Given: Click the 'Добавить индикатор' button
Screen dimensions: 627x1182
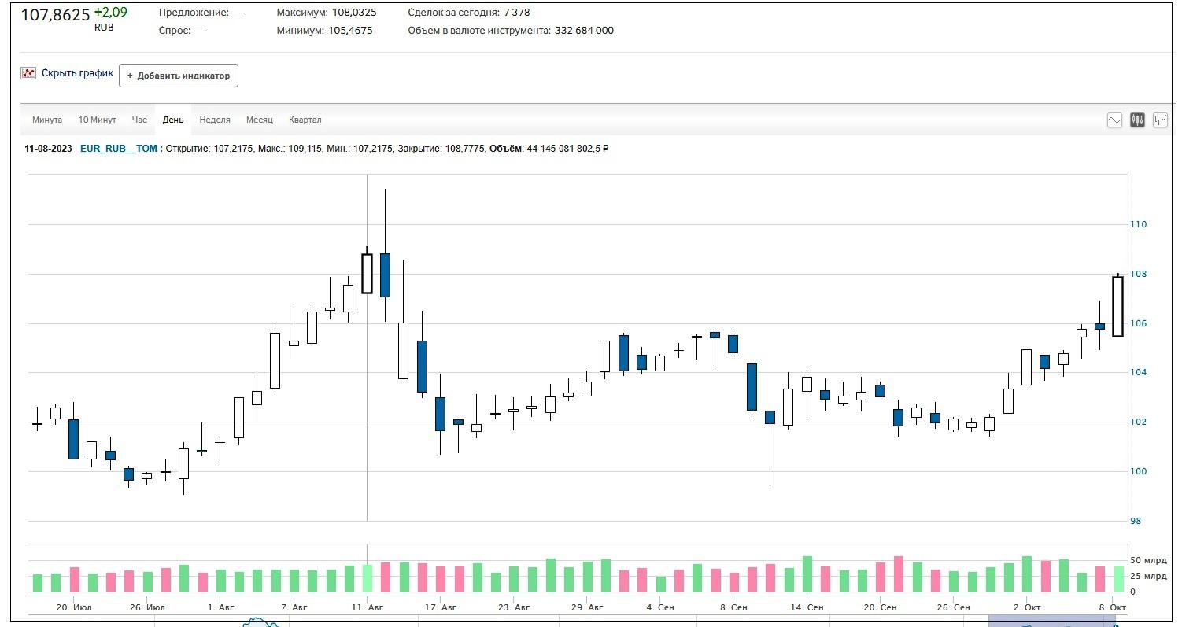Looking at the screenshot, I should (x=179, y=76).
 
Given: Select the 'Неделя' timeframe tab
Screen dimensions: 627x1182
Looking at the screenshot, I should (x=215, y=120).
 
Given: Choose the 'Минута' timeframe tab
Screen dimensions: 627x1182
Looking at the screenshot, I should (x=47, y=120).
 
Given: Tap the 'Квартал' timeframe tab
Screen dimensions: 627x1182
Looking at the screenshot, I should (x=305, y=120).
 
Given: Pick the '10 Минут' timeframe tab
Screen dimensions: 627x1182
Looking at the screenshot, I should (x=97, y=120).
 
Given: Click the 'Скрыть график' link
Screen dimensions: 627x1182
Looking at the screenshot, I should (x=77, y=73).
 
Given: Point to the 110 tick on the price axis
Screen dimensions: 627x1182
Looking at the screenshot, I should (x=1138, y=224).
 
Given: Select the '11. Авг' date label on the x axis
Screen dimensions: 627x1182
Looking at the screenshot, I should (x=368, y=607).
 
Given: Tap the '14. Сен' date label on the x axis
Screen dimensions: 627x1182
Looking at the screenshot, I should (x=807, y=607).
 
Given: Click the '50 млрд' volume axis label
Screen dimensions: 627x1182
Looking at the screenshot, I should (x=1148, y=561).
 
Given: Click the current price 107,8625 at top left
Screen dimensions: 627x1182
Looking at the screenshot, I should (x=55, y=15).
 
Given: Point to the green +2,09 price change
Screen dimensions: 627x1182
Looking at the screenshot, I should (x=110, y=13).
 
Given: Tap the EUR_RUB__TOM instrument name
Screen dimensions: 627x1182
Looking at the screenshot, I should (x=119, y=148).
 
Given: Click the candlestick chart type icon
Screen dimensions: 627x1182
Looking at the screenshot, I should (x=1137, y=120).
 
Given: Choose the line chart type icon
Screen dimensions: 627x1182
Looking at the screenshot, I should (x=1114, y=120).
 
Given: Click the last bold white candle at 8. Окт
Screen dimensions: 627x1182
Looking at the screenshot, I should (x=1117, y=306).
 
